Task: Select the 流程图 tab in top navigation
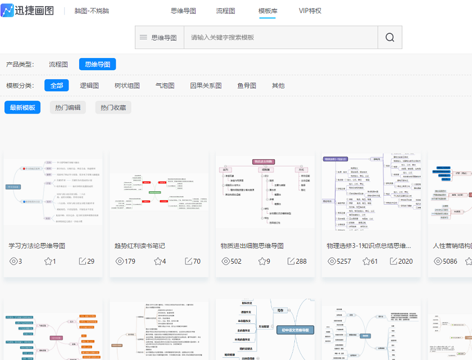(x=225, y=11)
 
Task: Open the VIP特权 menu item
(x=310, y=11)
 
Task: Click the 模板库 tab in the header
(x=267, y=11)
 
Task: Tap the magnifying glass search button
(x=390, y=37)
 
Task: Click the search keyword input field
(x=281, y=37)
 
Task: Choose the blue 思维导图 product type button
(x=97, y=64)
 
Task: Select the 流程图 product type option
(x=58, y=64)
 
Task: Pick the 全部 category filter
(x=57, y=85)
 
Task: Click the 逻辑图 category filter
(x=89, y=85)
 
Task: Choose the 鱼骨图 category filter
(x=247, y=85)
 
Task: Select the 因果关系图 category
(x=206, y=85)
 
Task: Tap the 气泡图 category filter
(x=165, y=85)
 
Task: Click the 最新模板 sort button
(x=22, y=107)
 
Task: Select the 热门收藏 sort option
(x=113, y=107)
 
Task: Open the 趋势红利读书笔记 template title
(x=140, y=246)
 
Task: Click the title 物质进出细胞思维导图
(x=252, y=246)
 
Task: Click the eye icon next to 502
(x=226, y=261)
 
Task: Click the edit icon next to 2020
(x=394, y=261)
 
